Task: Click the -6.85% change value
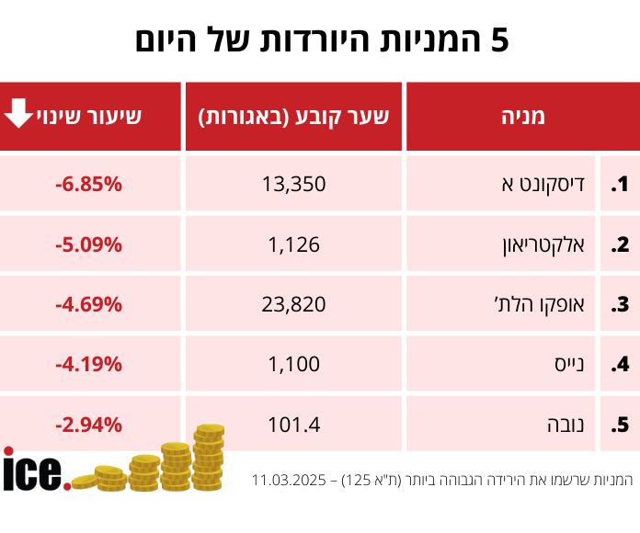coord(89,184)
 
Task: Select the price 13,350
coord(294,184)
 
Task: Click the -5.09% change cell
coord(89,244)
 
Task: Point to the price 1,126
coord(294,244)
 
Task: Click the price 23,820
coord(294,304)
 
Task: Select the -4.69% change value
coord(89,304)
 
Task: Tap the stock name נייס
coord(569,364)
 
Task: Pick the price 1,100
coord(294,364)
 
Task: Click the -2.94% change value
coord(89,425)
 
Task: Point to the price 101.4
coord(294,425)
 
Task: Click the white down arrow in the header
coord(17,114)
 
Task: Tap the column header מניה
coord(522,116)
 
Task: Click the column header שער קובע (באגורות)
coord(293,116)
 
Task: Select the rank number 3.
coord(620,305)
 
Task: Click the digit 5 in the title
coord(498,40)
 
